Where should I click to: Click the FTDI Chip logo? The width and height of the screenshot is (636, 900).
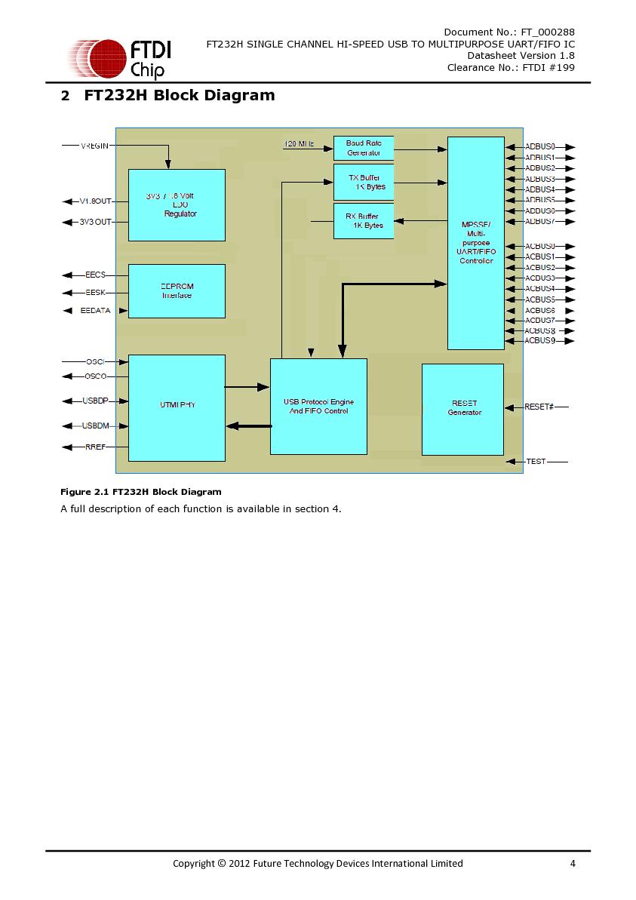point(119,59)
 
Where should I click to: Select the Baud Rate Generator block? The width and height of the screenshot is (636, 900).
point(364,148)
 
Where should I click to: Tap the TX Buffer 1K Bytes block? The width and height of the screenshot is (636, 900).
point(364,182)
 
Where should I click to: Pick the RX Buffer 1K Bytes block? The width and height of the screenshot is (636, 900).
point(364,220)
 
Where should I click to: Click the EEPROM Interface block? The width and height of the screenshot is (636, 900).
point(177,290)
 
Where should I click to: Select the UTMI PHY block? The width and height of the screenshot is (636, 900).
point(177,407)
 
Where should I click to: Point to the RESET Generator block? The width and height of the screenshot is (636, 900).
point(462,409)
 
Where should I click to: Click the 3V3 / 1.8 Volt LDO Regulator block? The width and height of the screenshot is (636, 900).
point(177,204)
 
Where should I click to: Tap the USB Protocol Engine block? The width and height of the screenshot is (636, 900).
point(318,406)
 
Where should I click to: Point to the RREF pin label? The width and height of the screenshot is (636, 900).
point(95,447)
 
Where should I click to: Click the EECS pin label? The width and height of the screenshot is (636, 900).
point(96,275)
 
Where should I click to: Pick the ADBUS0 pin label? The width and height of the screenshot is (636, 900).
point(540,146)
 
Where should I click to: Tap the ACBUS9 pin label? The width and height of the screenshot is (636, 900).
point(540,341)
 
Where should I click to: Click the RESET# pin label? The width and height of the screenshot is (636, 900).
point(539,407)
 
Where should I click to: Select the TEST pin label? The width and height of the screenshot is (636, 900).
point(536,461)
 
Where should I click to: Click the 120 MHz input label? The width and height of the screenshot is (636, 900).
point(299,143)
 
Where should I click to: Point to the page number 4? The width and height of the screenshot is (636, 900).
point(573,863)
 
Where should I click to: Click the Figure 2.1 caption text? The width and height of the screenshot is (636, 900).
point(141,492)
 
